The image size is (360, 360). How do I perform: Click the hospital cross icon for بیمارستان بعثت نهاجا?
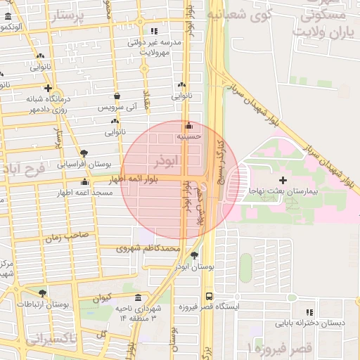[283, 181]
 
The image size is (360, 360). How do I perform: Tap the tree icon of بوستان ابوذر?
[194, 255]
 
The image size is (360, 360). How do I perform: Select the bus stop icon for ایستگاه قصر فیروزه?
[209, 296]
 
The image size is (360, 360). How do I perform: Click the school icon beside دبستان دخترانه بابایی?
[309, 312]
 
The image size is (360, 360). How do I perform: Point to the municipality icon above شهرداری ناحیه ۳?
[137, 297]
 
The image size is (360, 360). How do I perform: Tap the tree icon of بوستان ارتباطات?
[42, 293]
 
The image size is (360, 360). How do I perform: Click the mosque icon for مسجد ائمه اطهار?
[85, 182]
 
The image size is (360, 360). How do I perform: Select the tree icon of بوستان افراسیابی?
[84, 153]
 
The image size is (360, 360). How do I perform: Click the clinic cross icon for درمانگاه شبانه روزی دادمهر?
[48, 89]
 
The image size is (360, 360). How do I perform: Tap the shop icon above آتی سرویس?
[117, 96]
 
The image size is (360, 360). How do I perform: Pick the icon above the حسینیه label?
[188, 126]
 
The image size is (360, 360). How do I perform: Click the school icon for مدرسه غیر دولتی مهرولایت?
[154, 31]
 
